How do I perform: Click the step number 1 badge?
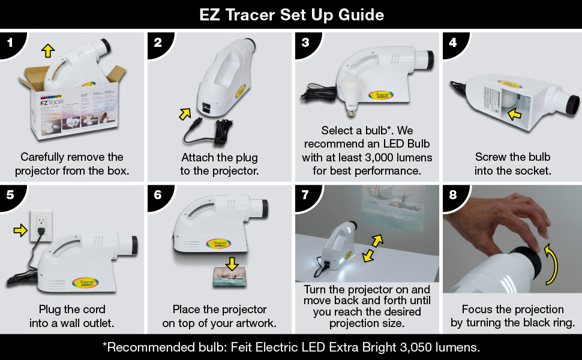[x=9, y=43]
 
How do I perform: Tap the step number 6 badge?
[x=157, y=196]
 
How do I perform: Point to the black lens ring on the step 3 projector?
[x=429, y=58]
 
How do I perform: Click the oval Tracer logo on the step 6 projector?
[x=219, y=244]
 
